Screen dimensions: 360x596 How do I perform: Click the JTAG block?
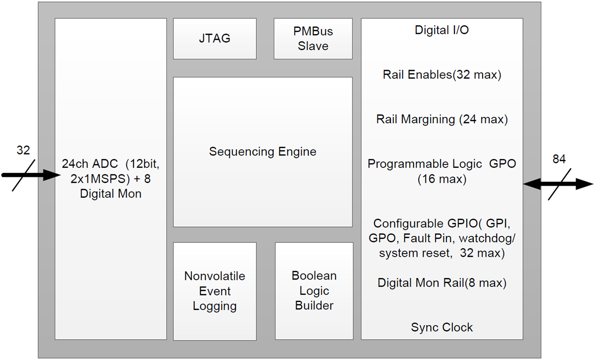(x=215, y=39)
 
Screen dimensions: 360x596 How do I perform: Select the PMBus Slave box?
(x=313, y=39)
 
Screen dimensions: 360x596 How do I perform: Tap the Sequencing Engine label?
(x=262, y=151)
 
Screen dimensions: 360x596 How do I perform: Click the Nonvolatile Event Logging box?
(x=215, y=291)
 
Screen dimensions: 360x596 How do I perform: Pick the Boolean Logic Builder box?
(x=314, y=291)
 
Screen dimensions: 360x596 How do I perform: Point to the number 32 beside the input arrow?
(x=23, y=150)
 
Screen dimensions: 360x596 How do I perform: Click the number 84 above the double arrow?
(x=559, y=159)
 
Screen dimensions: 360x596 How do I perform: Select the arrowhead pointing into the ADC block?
(x=50, y=175)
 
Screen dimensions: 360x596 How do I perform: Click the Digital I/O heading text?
(x=442, y=30)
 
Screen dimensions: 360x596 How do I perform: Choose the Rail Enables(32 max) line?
(x=442, y=75)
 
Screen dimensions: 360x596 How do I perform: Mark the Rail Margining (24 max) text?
(x=442, y=119)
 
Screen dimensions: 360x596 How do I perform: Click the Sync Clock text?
(x=442, y=327)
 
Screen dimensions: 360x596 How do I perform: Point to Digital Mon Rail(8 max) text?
(x=442, y=283)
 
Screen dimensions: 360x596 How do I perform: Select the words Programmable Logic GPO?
(x=442, y=164)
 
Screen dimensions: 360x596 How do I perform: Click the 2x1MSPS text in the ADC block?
(x=92, y=179)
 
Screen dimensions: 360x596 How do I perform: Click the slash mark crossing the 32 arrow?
(x=23, y=175)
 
